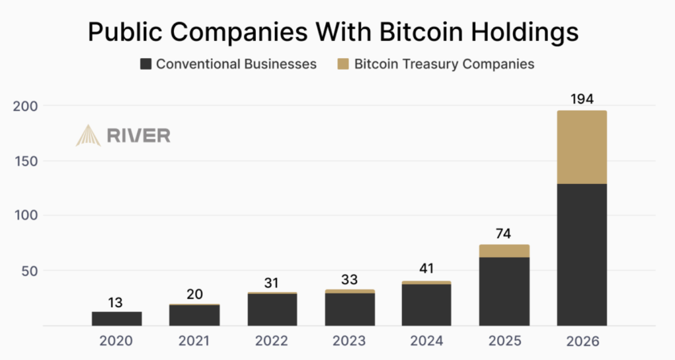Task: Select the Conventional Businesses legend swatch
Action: [146, 64]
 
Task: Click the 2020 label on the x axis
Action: [117, 341]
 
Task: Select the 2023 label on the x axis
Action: [349, 341]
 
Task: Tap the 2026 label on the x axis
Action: [582, 341]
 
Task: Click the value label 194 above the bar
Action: [582, 100]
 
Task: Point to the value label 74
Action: [504, 233]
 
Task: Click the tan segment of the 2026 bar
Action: [582, 147]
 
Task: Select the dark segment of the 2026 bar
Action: [582, 254]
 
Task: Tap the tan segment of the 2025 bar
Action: [504, 251]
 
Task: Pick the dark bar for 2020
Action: [117, 318]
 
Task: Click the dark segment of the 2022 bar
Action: [272, 309]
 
